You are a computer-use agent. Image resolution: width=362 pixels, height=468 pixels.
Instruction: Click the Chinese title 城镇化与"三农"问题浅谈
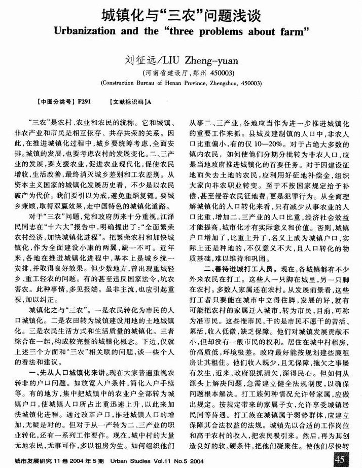(180, 16)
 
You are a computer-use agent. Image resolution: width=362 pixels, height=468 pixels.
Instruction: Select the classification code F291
(84, 101)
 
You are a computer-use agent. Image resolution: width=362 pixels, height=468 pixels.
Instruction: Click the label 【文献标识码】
(127, 101)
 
